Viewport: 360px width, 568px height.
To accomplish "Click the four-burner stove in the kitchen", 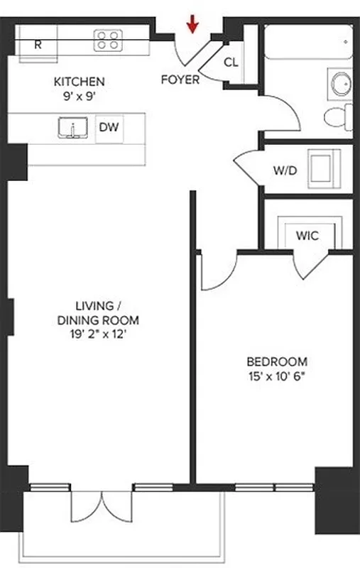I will pyautogui.click(x=108, y=40).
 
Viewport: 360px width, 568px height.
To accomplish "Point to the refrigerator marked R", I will pyautogui.click(x=38, y=44).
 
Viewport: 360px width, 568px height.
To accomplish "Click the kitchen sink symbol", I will pyautogui.click(x=72, y=129).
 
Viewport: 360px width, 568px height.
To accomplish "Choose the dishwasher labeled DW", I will pyautogui.click(x=108, y=129).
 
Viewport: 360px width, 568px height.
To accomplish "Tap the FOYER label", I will pyautogui.click(x=180, y=80).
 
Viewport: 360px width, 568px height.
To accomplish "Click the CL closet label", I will pyautogui.click(x=231, y=62).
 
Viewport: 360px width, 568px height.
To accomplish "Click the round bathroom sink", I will pyautogui.click(x=338, y=83).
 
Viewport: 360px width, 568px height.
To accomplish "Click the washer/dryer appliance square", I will pyautogui.click(x=324, y=169).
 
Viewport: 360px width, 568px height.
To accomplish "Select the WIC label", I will pyautogui.click(x=307, y=235).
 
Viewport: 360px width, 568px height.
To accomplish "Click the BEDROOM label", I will pyautogui.click(x=278, y=361).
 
